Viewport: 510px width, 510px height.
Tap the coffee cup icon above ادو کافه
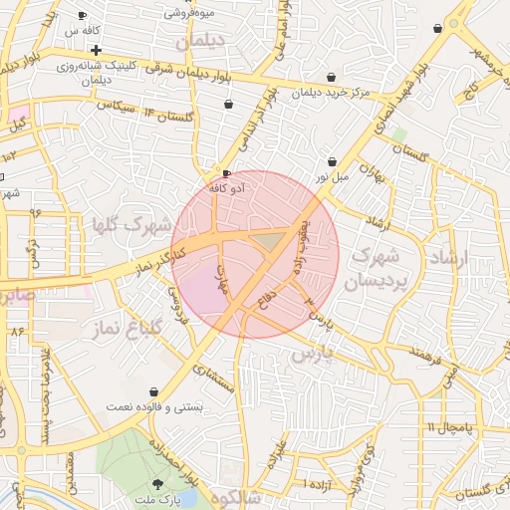228,173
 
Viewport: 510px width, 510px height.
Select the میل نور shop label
333,176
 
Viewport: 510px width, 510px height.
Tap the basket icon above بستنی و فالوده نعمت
153,392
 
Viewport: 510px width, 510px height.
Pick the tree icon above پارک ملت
159,484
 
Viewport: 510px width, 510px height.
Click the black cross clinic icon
96,50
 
